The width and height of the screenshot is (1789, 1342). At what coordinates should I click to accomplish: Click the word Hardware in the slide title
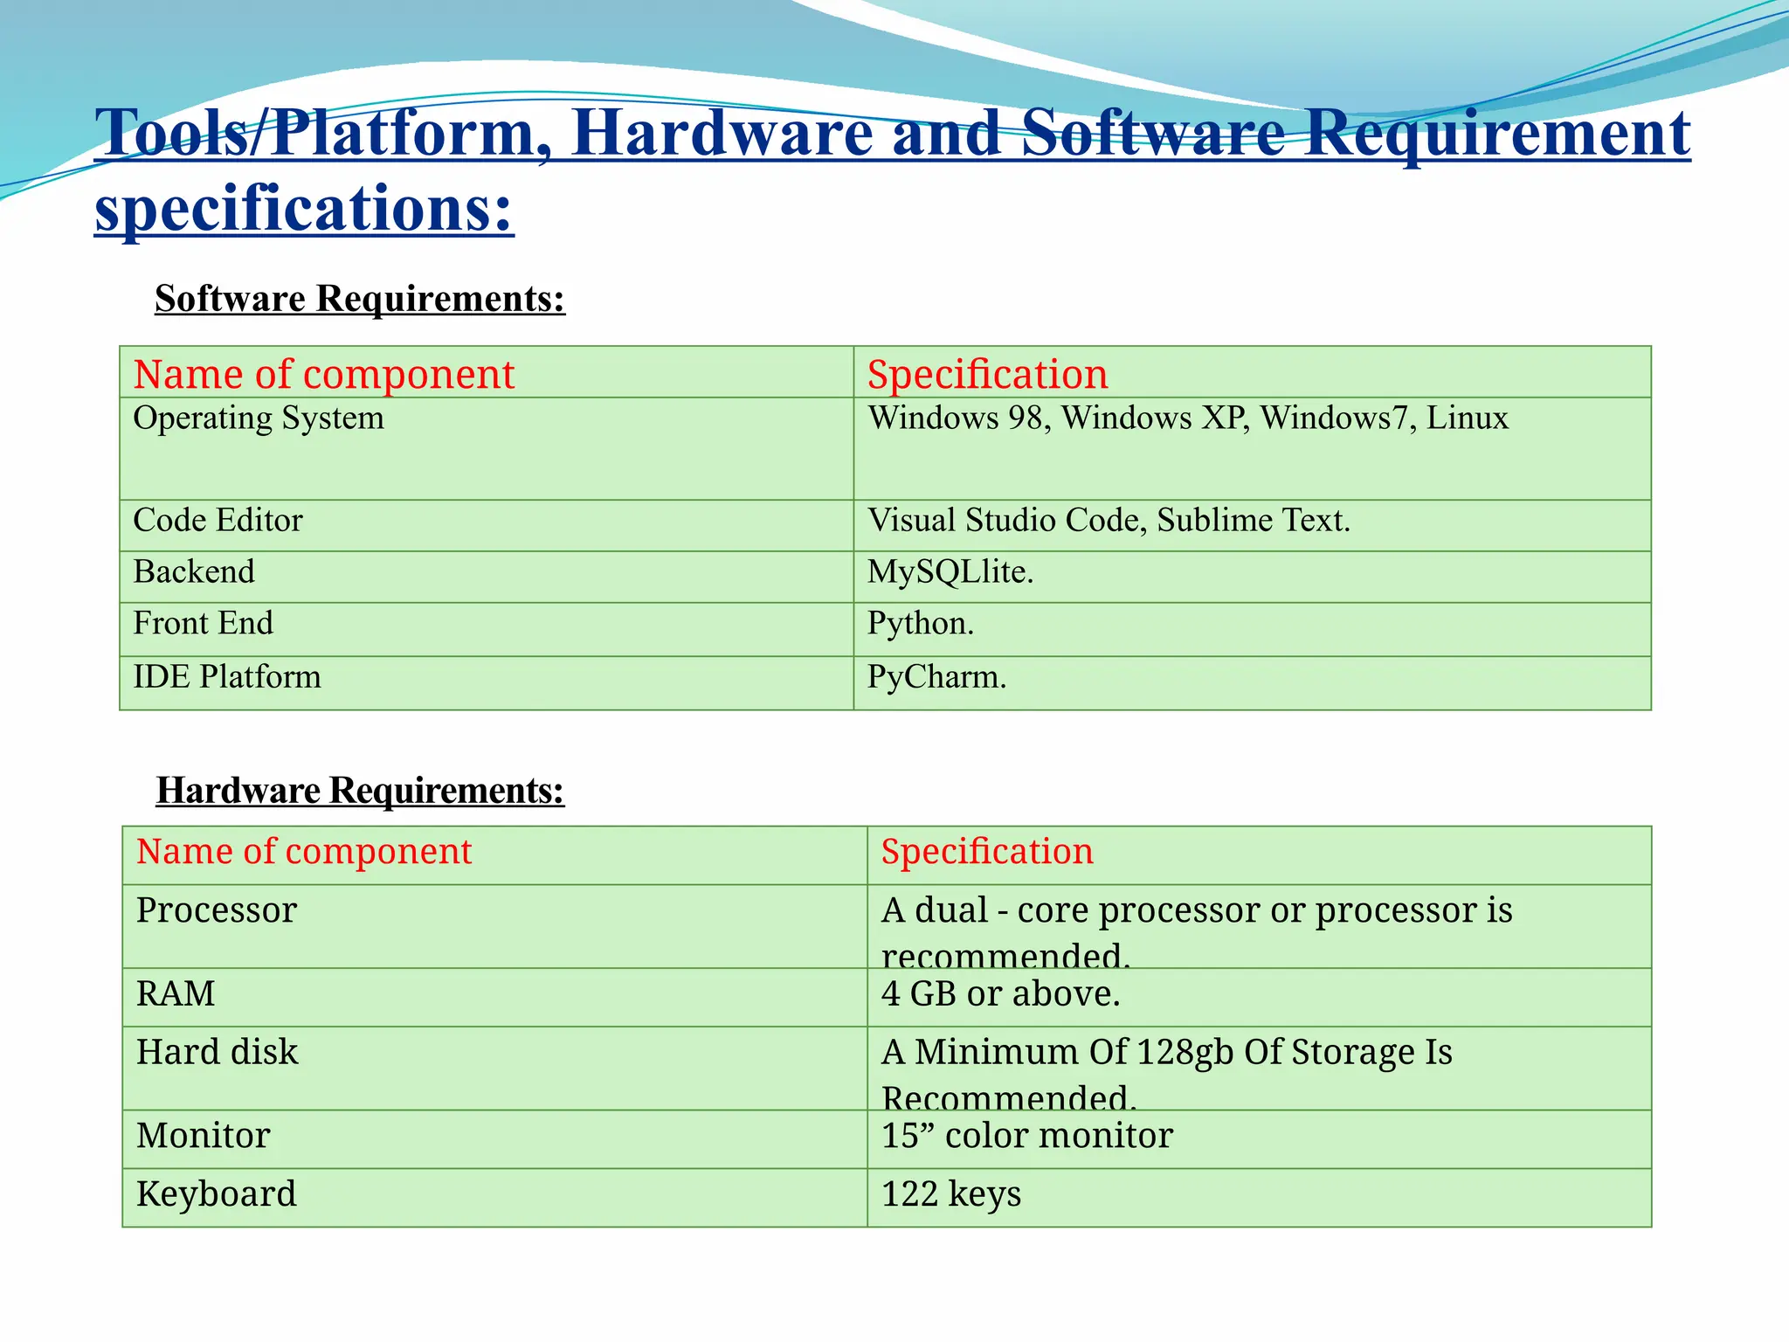tap(722, 133)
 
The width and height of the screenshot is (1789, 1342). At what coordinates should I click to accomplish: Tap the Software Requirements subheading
tap(360, 299)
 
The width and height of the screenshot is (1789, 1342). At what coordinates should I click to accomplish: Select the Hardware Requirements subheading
tap(360, 791)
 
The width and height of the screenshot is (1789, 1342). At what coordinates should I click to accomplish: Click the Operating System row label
tap(259, 419)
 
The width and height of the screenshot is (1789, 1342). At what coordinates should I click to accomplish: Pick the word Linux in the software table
tap(1468, 419)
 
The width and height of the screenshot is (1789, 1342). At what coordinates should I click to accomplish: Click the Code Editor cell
tap(218, 521)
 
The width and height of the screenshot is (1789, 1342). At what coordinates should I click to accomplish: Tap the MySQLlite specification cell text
tap(950, 572)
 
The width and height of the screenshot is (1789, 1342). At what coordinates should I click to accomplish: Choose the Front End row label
tap(203, 624)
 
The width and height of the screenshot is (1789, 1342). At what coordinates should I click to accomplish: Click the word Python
tap(919, 624)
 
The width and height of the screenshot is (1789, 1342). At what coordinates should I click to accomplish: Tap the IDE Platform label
tap(227, 677)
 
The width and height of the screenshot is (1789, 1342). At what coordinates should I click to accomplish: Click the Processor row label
tap(217, 910)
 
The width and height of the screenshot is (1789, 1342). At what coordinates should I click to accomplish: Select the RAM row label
tap(176, 994)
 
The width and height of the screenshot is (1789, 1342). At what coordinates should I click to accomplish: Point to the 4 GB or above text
tap(1000, 994)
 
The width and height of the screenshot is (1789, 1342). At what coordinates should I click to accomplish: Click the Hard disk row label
tap(217, 1052)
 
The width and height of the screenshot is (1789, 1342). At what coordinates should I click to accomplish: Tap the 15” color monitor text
tap(1026, 1136)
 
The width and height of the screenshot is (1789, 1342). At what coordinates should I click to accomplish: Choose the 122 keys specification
tap(950, 1194)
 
